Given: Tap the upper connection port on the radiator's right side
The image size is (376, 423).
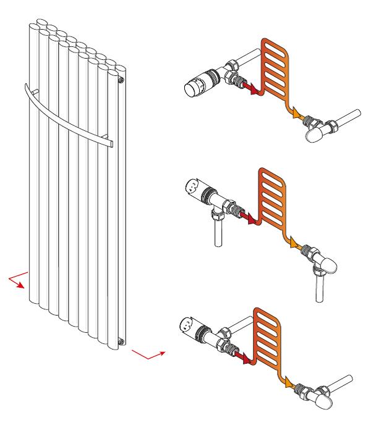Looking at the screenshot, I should click(122, 80).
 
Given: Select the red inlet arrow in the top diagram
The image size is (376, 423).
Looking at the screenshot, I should click(250, 91).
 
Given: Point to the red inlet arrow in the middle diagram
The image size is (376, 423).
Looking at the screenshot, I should click(249, 217).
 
